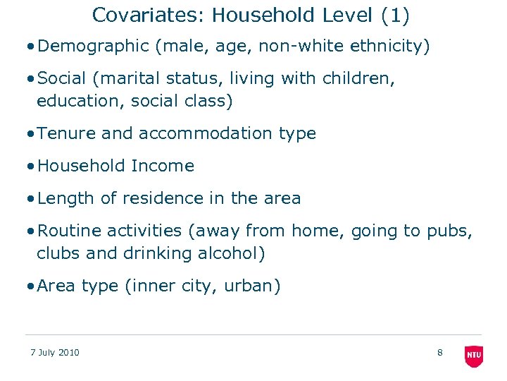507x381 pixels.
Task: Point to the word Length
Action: [x=66, y=198]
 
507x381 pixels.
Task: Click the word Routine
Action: [x=68, y=231]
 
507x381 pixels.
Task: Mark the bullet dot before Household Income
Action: [x=30, y=167]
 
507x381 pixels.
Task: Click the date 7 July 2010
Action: [x=55, y=353]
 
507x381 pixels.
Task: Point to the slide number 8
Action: [x=440, y=353]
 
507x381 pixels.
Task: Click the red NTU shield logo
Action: [x=474, y=356]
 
